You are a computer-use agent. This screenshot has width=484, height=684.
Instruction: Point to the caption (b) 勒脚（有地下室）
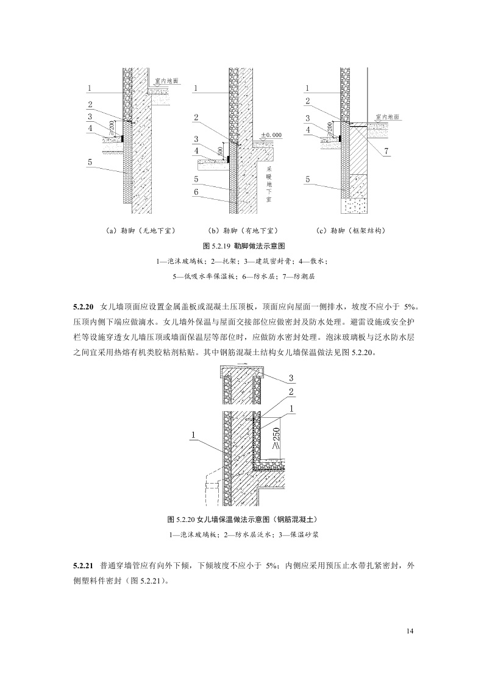243,231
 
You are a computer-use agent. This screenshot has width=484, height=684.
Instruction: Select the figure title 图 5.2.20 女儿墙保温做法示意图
242,520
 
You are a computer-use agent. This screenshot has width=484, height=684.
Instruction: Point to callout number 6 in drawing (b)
196,192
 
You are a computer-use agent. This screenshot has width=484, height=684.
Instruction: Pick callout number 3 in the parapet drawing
291,378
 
